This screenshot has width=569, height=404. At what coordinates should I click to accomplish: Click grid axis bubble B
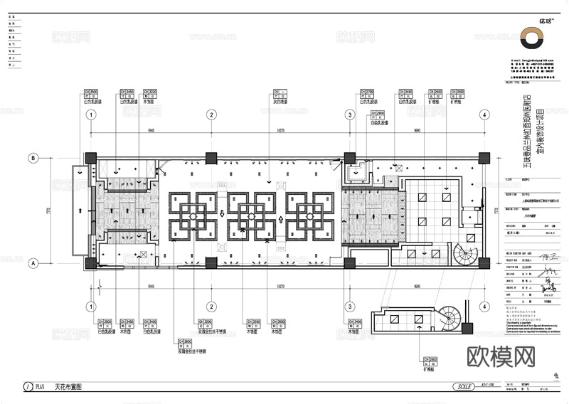click(32, 158)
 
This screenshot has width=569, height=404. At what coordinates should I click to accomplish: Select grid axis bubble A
click(32, 262)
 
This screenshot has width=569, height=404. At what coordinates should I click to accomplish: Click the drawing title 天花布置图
click(68, 387)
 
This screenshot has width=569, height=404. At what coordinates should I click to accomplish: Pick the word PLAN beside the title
click(41, 387)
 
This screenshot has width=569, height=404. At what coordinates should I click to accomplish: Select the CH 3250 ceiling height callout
click(252, 321)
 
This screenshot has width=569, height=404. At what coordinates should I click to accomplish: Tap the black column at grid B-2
click(211, 158)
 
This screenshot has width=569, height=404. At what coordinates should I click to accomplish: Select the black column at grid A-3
click(349, 262)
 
